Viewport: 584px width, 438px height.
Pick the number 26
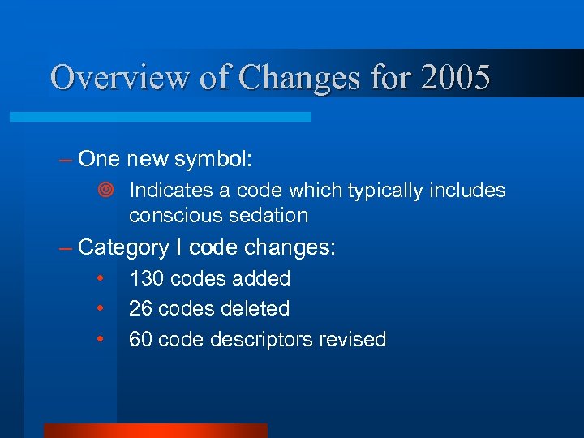coord(140,309)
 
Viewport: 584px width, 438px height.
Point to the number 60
coord(140,339)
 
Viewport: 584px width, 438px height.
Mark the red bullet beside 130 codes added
coord(100,278)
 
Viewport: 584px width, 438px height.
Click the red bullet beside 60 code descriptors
coord(100,339)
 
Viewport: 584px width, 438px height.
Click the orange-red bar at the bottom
coord(155,431)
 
